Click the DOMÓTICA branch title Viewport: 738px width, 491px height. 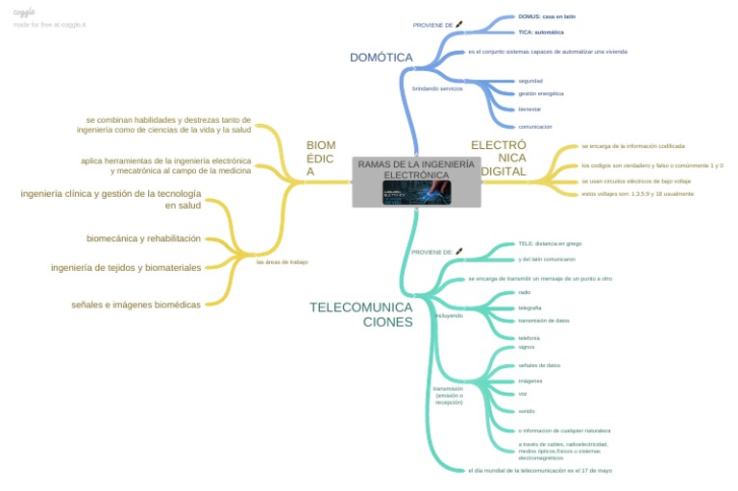[x=381, y=58]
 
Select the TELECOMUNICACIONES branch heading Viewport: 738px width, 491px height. [x=361, y=314]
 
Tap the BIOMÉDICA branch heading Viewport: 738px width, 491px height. [x=321, y=159]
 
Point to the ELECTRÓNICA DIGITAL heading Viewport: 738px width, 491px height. [x=499, y=158]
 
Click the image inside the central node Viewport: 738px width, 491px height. [x=416, y=191]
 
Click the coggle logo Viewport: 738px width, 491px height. [x=24, y=12]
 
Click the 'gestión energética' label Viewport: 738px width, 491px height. [x=540, y=93]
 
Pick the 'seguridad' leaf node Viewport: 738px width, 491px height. [x=530, y=81]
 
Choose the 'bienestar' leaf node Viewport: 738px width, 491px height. [x=529, y=110]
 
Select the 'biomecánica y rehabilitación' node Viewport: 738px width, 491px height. [x=143, y=238]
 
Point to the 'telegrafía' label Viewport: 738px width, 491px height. [x=530, y=307]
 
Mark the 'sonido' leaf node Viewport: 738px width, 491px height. [x=526, y=410]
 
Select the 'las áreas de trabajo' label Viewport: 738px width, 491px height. [x=282, y=261]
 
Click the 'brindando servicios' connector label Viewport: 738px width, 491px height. [x=437, y=88]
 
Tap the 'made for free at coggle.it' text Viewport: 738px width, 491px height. [x=50, y=24]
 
